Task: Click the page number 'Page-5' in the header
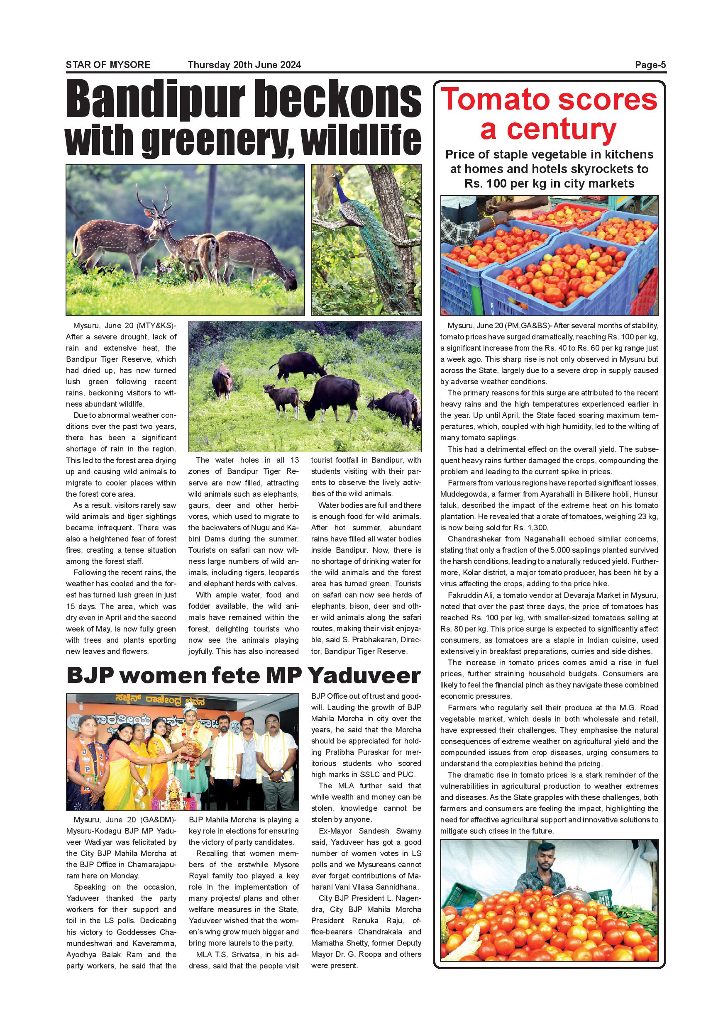[x=650, y=65]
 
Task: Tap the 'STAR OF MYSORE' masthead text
[x=108, y=65]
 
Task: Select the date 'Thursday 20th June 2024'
[x=244, y=65]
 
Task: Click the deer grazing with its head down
[x=260, y=260]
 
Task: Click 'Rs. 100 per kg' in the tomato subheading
[x=501, y=183]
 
